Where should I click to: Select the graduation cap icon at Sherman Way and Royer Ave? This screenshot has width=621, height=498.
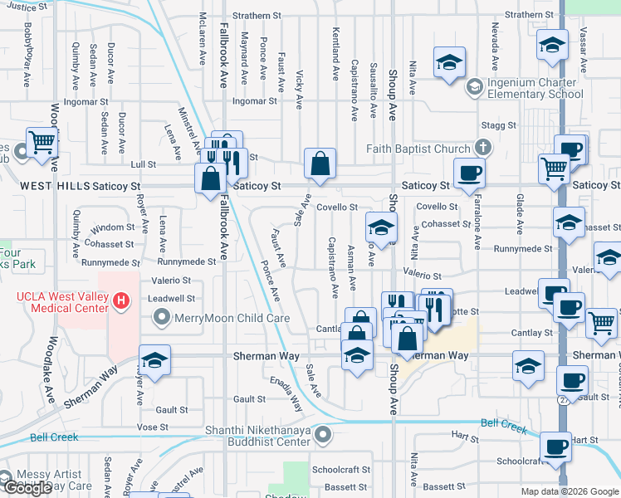[x=154, y=360]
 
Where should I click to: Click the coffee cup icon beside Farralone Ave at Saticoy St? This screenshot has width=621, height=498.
[x=470, y=173]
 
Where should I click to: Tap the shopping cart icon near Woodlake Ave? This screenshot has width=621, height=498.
[x=42, y=142]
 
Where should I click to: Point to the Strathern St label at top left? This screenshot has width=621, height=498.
[x=252, y=16]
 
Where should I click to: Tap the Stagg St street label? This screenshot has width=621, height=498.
[x=500, y=125]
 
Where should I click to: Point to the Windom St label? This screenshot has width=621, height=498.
[x=113, y=227]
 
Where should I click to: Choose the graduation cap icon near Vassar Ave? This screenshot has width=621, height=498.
[x=551, y=46]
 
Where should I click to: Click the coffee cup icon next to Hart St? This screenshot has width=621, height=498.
[x=555, y=447]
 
